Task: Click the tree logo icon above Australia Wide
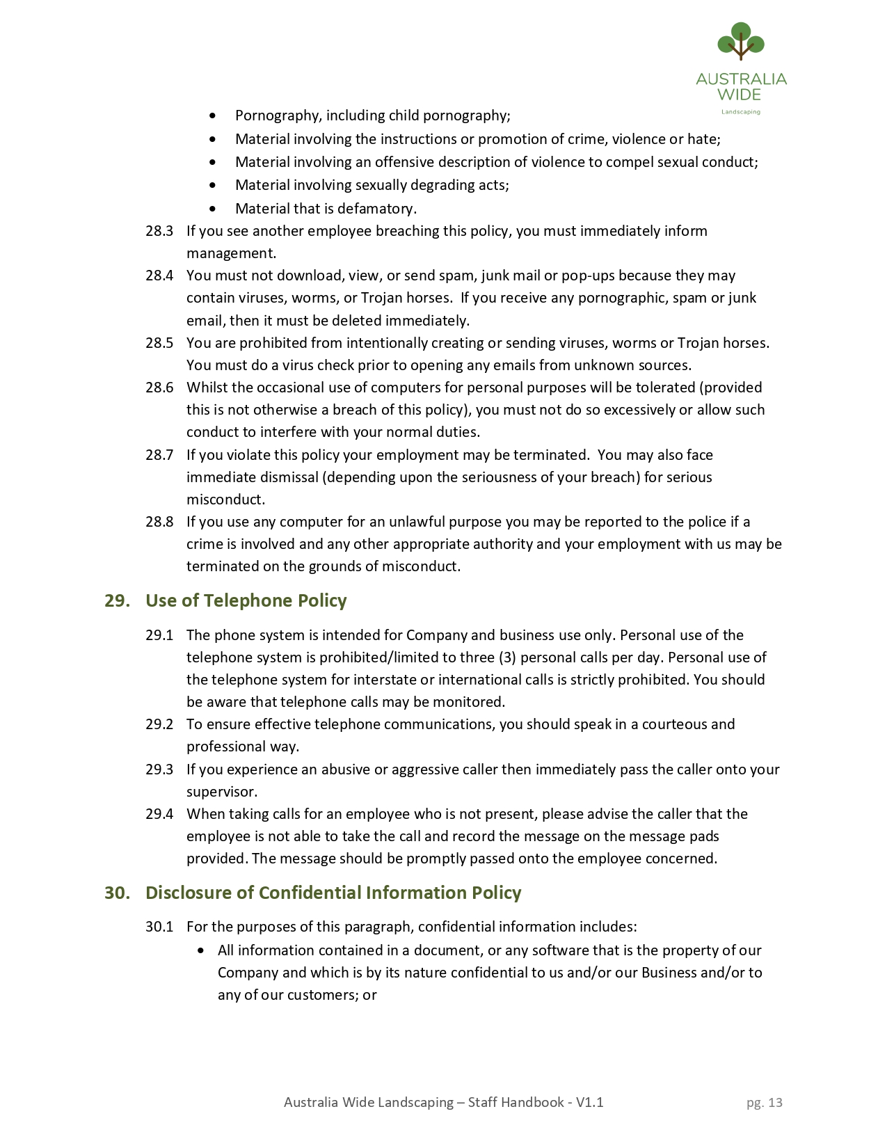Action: click(x=741, y=41)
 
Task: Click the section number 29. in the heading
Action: click(x=117, y=600)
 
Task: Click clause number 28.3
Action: click(x=159, y=231)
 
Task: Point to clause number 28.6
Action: click(x=159, y=388)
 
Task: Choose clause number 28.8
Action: click(x=159, y=522)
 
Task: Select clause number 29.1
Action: click(x=159, y=635)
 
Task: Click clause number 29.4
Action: click(x=159, y=814)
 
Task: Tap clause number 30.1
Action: click(x=159, y=927)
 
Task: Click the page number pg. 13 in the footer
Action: click(x=764, y=1102)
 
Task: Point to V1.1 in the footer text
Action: click(x=589, y=1102)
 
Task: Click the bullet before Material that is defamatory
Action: click(x=213, y=209)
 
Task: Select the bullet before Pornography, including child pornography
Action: click(x=213, y=115)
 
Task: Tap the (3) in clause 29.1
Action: click(x=507, y=657)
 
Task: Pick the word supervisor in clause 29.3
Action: click(x=221, y=792)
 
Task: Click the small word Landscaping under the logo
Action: click(x=740, y=112)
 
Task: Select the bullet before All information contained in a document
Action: click(x=202, y=950)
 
